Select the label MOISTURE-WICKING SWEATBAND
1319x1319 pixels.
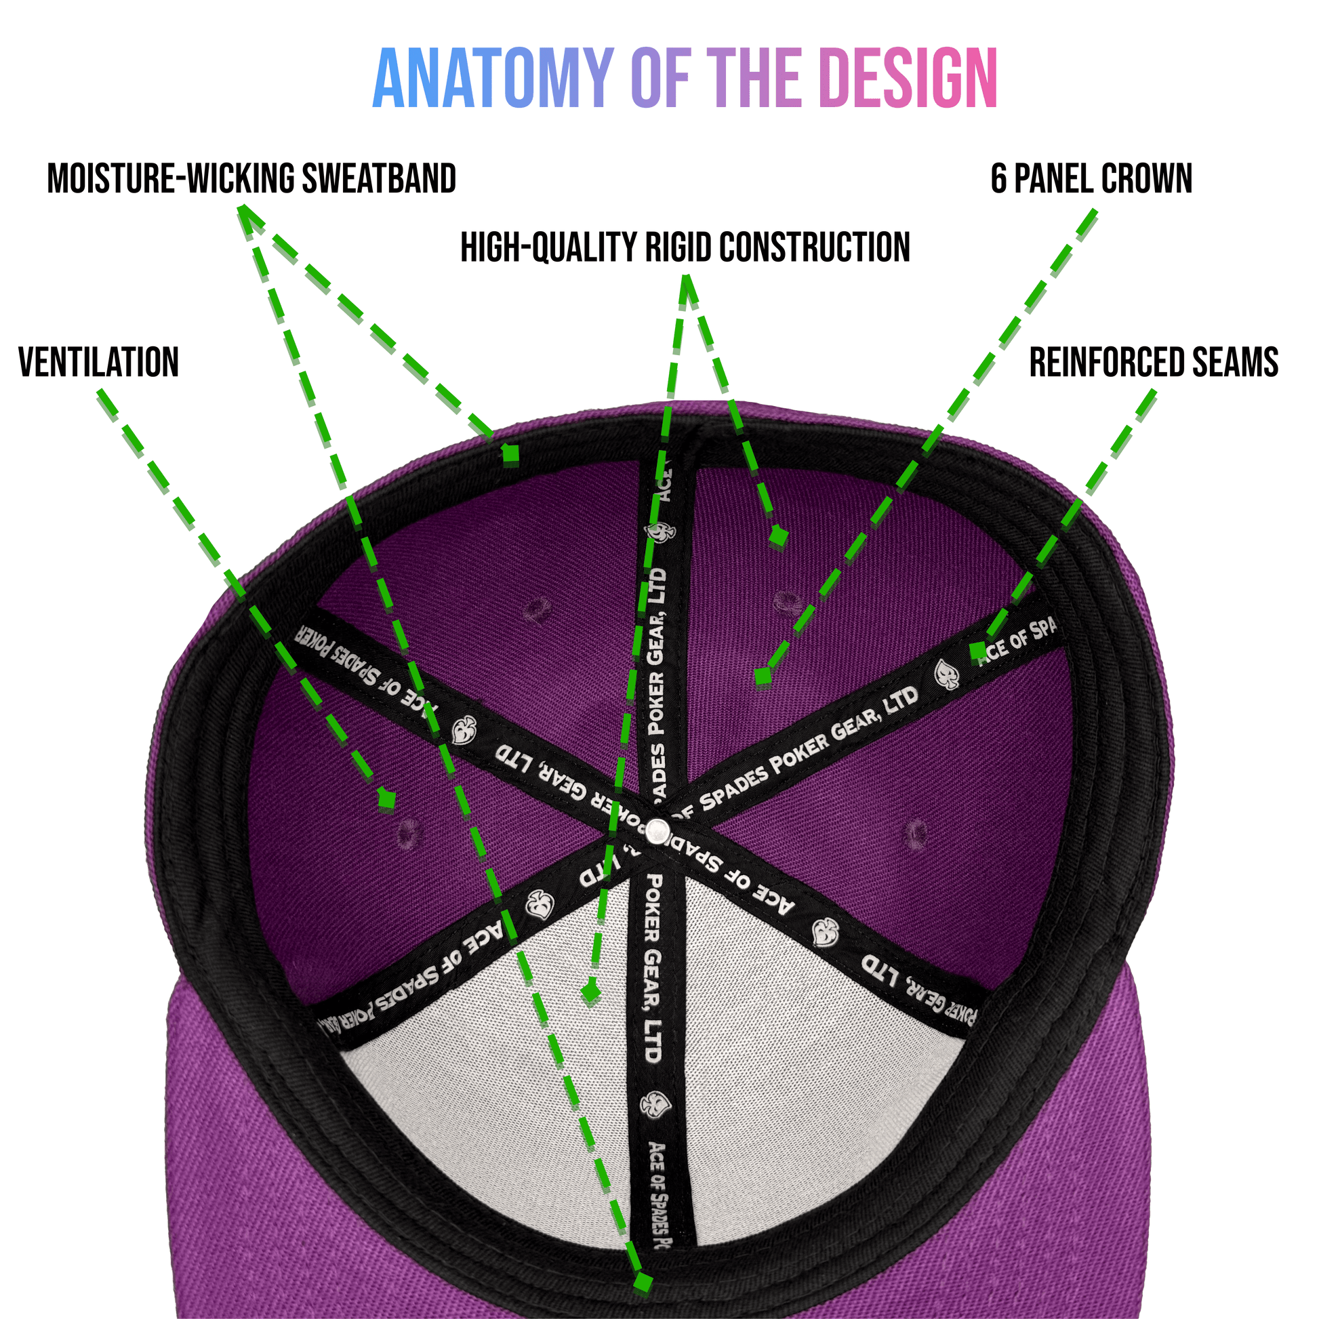click(251, 179)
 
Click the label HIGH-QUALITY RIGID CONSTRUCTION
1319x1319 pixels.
click(685, 247)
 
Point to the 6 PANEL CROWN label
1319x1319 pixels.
click(1091, 179)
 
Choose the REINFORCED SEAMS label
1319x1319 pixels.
click(1153, 362)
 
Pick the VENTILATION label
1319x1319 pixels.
click(98, 362)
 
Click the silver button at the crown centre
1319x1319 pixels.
click(658, 830)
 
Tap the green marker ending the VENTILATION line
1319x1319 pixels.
click(387, 800)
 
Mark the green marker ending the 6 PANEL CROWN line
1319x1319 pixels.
click(763, 676)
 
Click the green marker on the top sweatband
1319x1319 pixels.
click(510, 454)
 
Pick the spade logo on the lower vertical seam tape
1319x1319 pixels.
click(655, 1105)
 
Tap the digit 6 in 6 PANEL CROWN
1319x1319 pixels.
click(998, 179)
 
